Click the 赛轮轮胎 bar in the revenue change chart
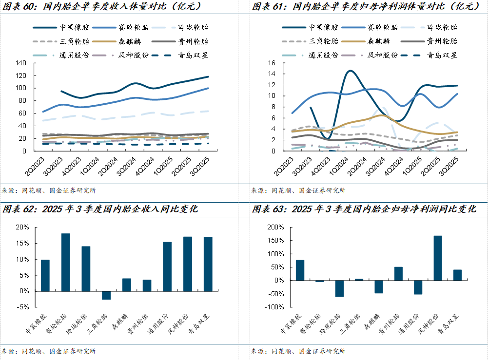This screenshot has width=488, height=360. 65,262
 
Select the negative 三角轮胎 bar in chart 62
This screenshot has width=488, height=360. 106,295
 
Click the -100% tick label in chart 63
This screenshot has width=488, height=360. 273,307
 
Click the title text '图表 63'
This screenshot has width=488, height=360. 269,209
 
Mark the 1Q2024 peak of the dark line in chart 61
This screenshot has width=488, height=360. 351,71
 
